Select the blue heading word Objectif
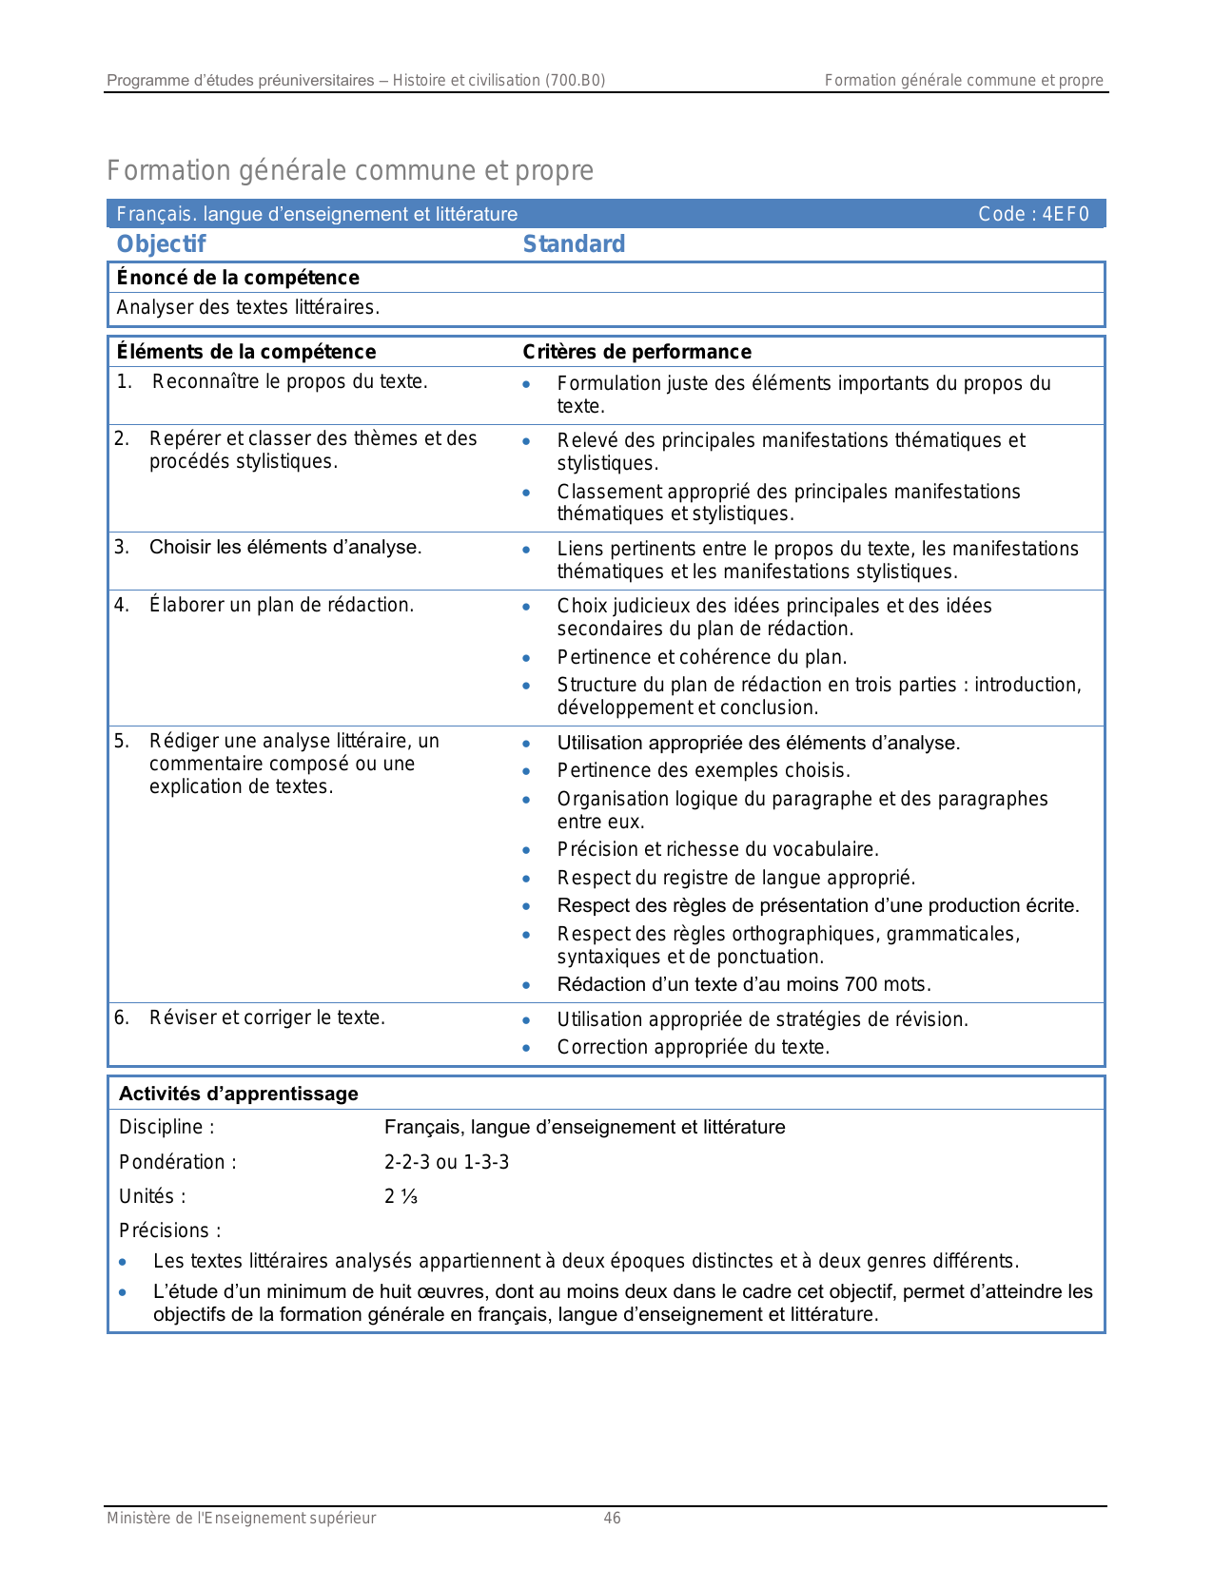point(161,244)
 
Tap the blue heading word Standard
point(574,244)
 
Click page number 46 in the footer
point(612,1519)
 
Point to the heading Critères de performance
point(636,352)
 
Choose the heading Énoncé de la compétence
point(238,278)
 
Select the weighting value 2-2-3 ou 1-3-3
point(446,1162)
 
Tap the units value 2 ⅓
point(401,1196)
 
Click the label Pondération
point(177,1162)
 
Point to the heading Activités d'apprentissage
point(238,1094)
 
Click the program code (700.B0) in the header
point(575,81)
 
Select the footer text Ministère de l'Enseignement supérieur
point(241,1519)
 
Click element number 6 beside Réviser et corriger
point(121,1018)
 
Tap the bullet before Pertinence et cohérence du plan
point(526,658)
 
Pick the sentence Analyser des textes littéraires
point(247,307)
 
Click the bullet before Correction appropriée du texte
point(526,1048)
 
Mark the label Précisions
point(169,1230)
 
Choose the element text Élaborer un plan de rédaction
point(281,605)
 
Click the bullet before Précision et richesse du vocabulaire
point(526,850)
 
